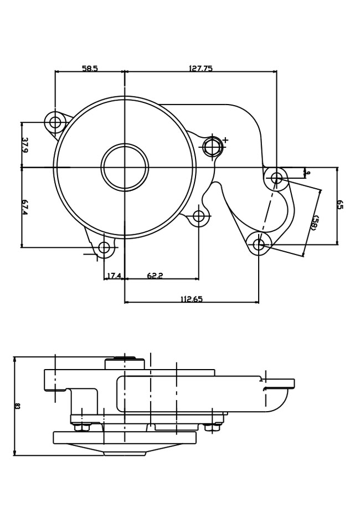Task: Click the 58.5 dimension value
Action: (90, 69)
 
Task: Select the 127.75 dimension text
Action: (200, 69)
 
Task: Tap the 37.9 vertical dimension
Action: (25, 144)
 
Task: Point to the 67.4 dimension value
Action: (25, 207)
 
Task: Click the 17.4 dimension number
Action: (114, 276)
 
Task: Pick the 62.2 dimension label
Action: (155, 276)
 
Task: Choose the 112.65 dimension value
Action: (192, 299)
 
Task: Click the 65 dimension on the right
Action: (340, 205)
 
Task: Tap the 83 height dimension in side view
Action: (17, 406)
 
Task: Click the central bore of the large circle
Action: (125, 167)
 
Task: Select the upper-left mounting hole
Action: (55, 122)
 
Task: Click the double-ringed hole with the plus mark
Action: (213, 147)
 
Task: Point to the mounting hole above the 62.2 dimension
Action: (199, 216)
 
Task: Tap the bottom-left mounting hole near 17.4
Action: (104, 247)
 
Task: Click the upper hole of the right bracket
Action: (276, 178)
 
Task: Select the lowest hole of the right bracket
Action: (259, 244)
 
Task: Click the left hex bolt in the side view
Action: (82, 427)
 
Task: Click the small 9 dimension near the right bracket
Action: (308, 173)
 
